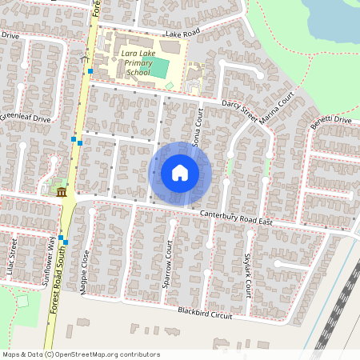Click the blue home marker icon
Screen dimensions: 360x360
click(x=180, y=173)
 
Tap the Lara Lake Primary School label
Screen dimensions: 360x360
click(x=133, y=63)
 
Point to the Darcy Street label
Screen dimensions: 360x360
click(x=239, y=110)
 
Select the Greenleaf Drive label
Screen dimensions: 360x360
click(x=25, y=118)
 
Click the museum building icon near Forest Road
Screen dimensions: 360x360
click(x=62, y=191)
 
